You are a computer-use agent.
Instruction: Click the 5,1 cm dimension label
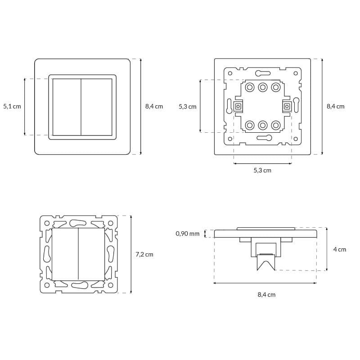coord(12,106)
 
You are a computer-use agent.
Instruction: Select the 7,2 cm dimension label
coord(144,254)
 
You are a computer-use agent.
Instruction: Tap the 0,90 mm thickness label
coord(188,234)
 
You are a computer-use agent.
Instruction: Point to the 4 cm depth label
coord(340,249)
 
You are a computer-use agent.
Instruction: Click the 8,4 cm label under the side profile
coord(266,295)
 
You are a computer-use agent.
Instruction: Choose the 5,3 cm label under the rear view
coord(262,171)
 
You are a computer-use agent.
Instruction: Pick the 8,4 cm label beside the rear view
coord(336,106)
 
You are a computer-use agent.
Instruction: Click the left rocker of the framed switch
coord(67,107)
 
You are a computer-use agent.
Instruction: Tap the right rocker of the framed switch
coord(97,107)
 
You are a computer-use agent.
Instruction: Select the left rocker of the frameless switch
coord(65,254)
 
